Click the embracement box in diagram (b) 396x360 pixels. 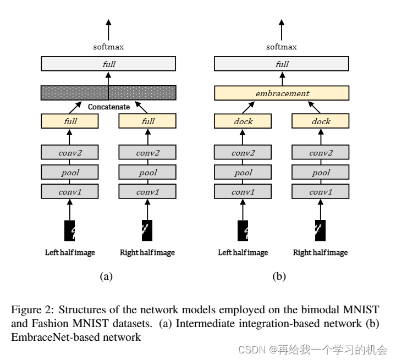(282, 93)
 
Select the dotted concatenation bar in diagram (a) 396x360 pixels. (108, 93)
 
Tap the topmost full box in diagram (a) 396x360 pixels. (108, 64)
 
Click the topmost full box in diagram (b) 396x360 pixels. (282, 64)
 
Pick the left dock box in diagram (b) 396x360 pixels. (243, 121)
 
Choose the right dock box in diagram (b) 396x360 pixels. (321, 121)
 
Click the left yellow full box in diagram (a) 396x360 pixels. (70, 121)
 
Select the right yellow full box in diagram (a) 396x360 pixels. (147, 121)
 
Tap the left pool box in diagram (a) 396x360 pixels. (70, 173)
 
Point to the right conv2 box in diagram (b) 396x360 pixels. (321, 153)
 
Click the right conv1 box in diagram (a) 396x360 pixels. (147, 192)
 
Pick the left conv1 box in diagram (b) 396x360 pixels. (243, 192)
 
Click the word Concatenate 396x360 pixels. (108, 107)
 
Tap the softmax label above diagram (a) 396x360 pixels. (108, 47)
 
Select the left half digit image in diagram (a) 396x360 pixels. (70, 231)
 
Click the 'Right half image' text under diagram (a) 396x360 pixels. (147, 253)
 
